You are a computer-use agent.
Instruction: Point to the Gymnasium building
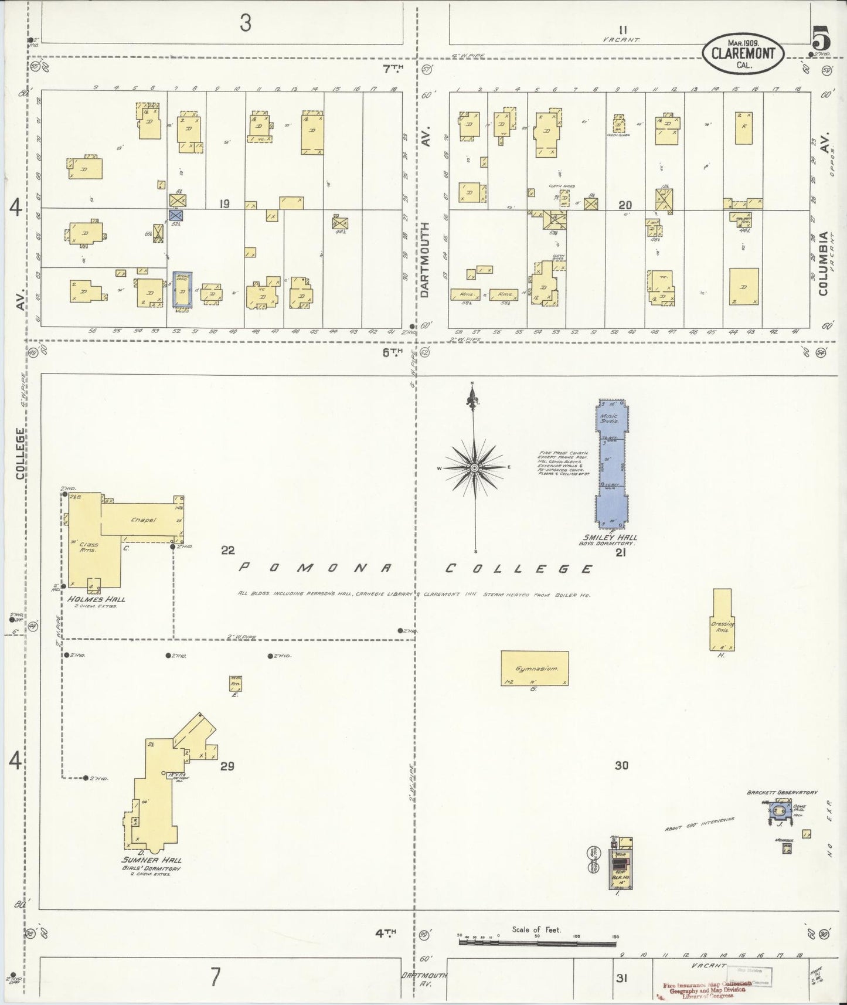535,668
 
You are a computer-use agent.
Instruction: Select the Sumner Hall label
151,860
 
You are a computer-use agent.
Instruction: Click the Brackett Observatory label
782,792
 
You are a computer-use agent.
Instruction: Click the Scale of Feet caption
536,929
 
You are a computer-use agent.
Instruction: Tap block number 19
224,204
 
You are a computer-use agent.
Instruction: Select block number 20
625,205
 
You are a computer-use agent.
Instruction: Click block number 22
227,550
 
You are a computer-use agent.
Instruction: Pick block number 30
621,765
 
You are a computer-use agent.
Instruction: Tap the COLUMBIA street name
825,264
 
